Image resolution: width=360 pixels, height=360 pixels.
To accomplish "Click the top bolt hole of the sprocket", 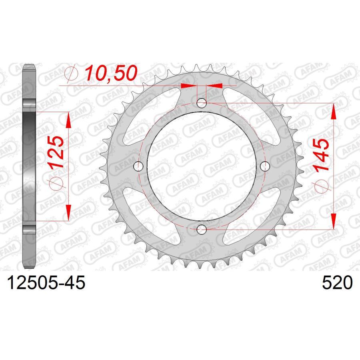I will pos(202,104).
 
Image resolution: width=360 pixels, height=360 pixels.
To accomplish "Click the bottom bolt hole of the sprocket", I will pos(202,229).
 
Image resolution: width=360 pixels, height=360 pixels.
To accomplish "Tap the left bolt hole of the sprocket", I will pos(139,166).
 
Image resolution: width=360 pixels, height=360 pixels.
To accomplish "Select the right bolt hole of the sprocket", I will pos(264,166).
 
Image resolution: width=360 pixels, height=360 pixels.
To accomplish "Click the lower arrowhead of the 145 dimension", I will pos(333,221).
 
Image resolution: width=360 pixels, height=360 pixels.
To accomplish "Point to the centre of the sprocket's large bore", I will pos(202,166).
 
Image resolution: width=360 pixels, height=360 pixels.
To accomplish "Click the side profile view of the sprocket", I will pos(30,166).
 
